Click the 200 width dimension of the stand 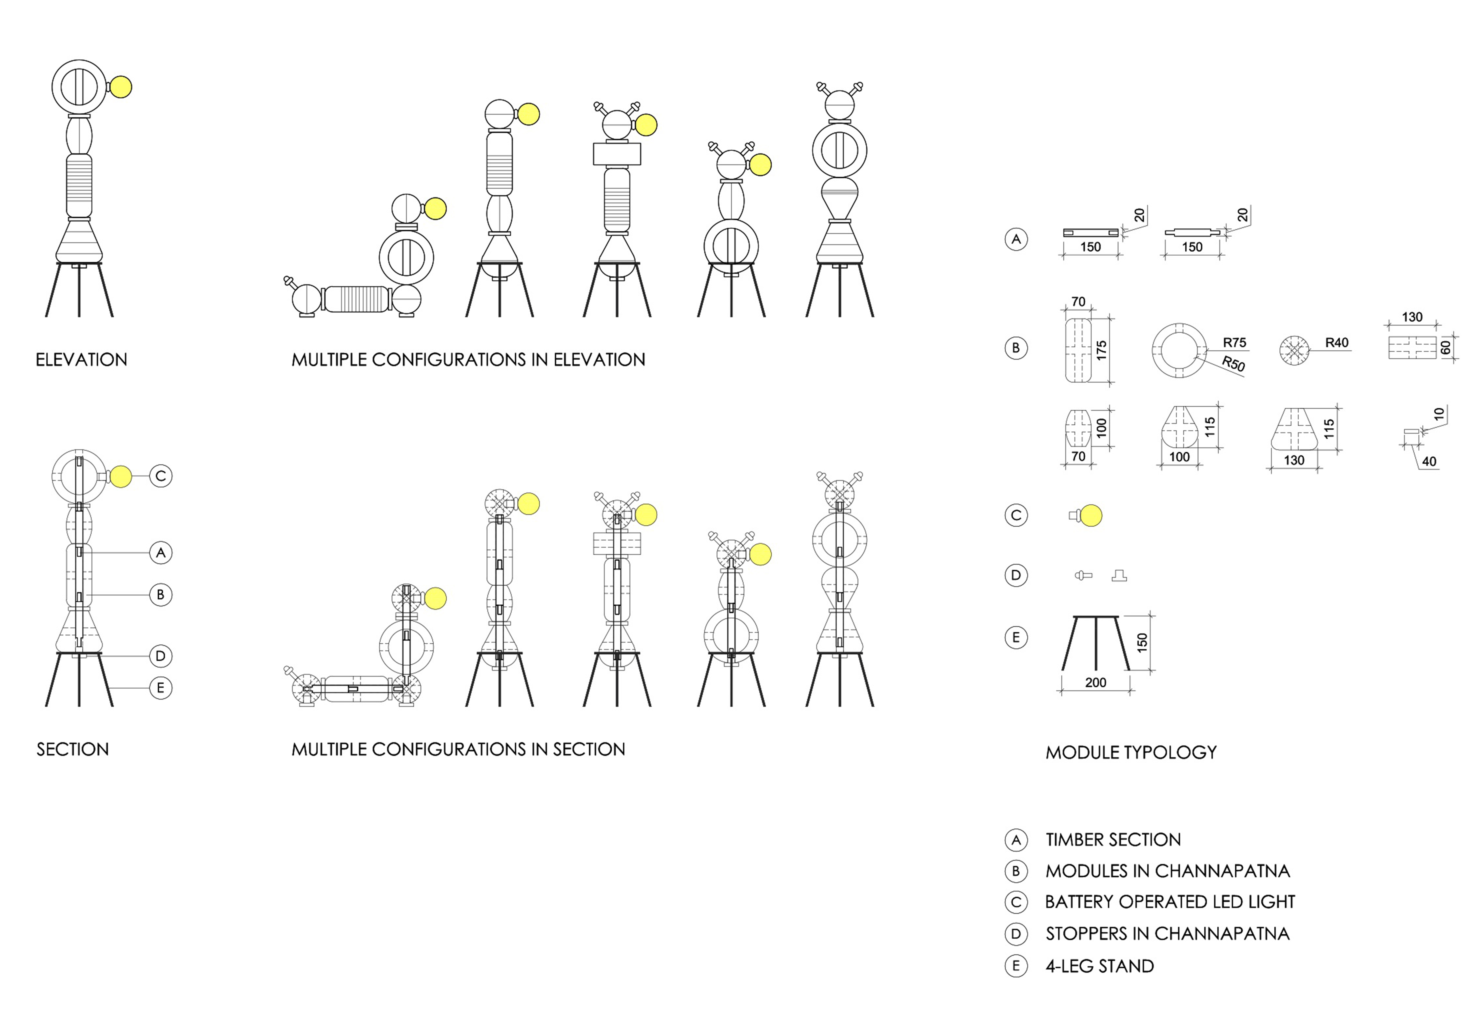click(1095, 682)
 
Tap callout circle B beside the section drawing click(161, 595)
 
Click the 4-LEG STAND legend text click(1100, 966)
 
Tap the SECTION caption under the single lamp click(72, 750)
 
